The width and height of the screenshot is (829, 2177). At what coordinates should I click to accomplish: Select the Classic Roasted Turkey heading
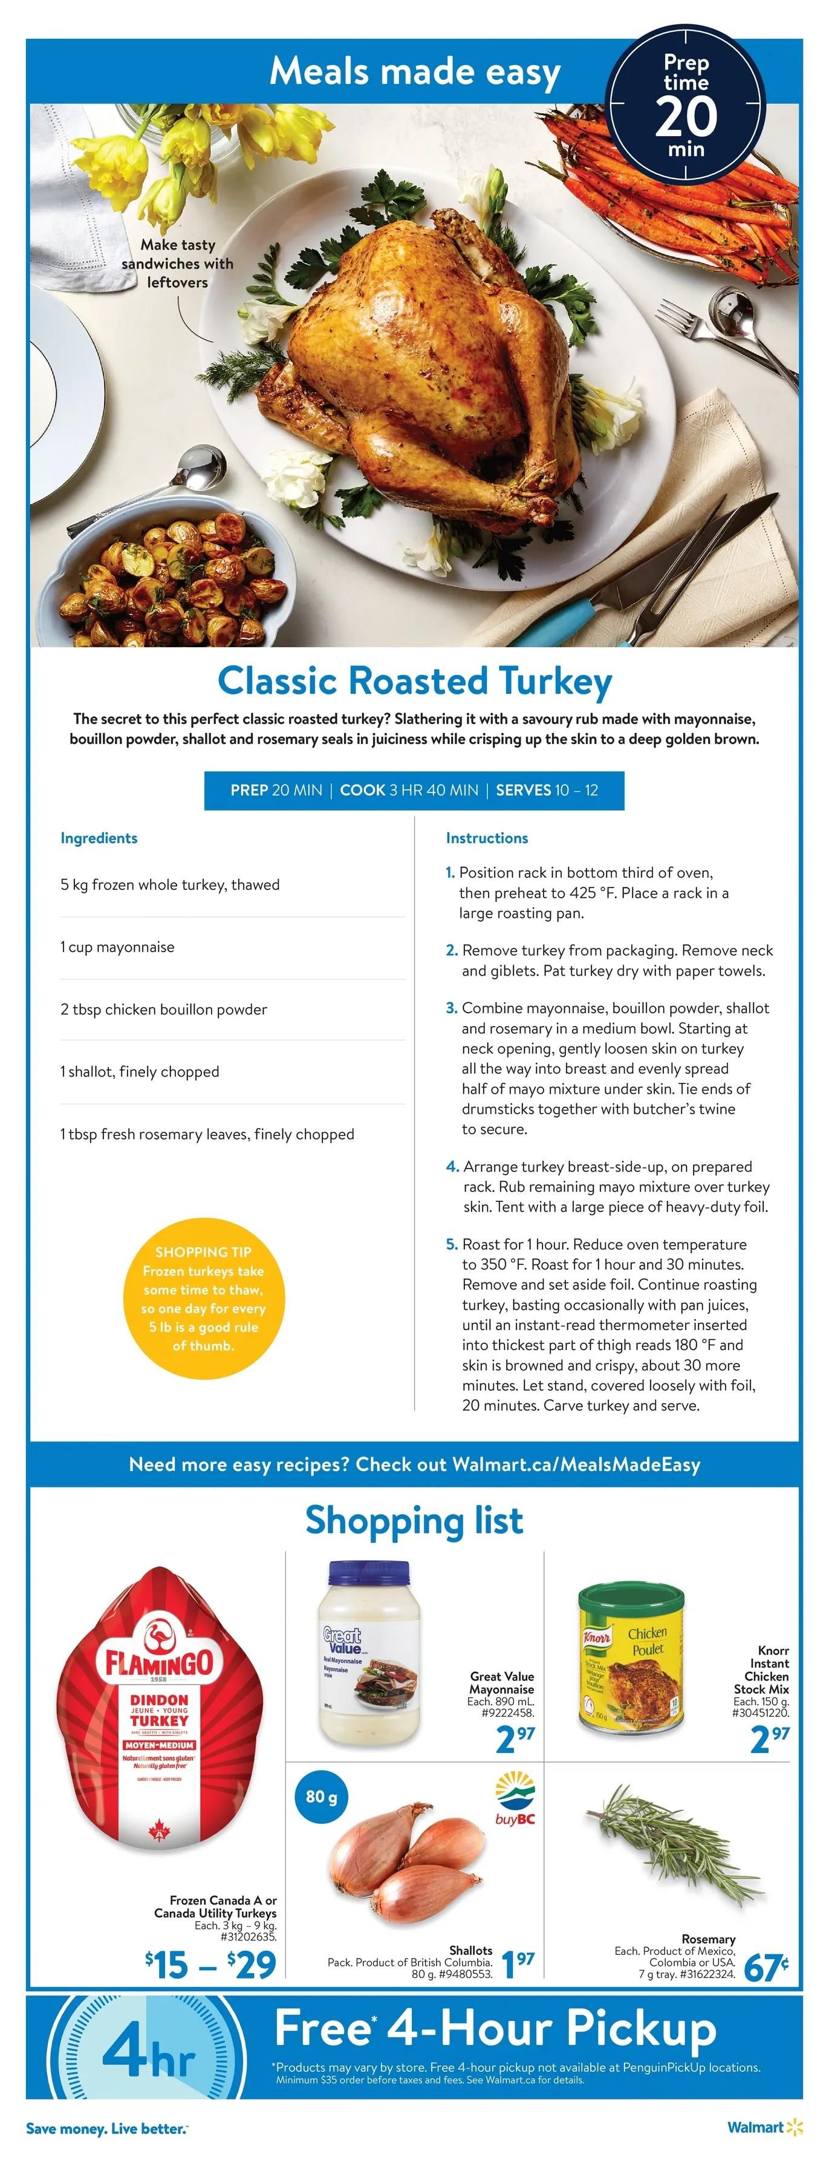click(414, 681)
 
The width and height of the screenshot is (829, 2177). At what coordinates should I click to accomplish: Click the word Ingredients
click(99, 838)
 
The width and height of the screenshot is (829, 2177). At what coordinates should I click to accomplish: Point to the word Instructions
click(487, 838)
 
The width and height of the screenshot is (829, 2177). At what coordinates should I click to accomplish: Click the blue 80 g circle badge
click(321, 1796)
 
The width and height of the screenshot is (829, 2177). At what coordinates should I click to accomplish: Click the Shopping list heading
click(414, 1519)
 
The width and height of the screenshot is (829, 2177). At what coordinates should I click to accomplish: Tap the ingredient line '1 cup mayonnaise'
click(117, 947)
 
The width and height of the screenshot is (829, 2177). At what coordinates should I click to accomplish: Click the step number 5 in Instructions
click(451, 1244)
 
